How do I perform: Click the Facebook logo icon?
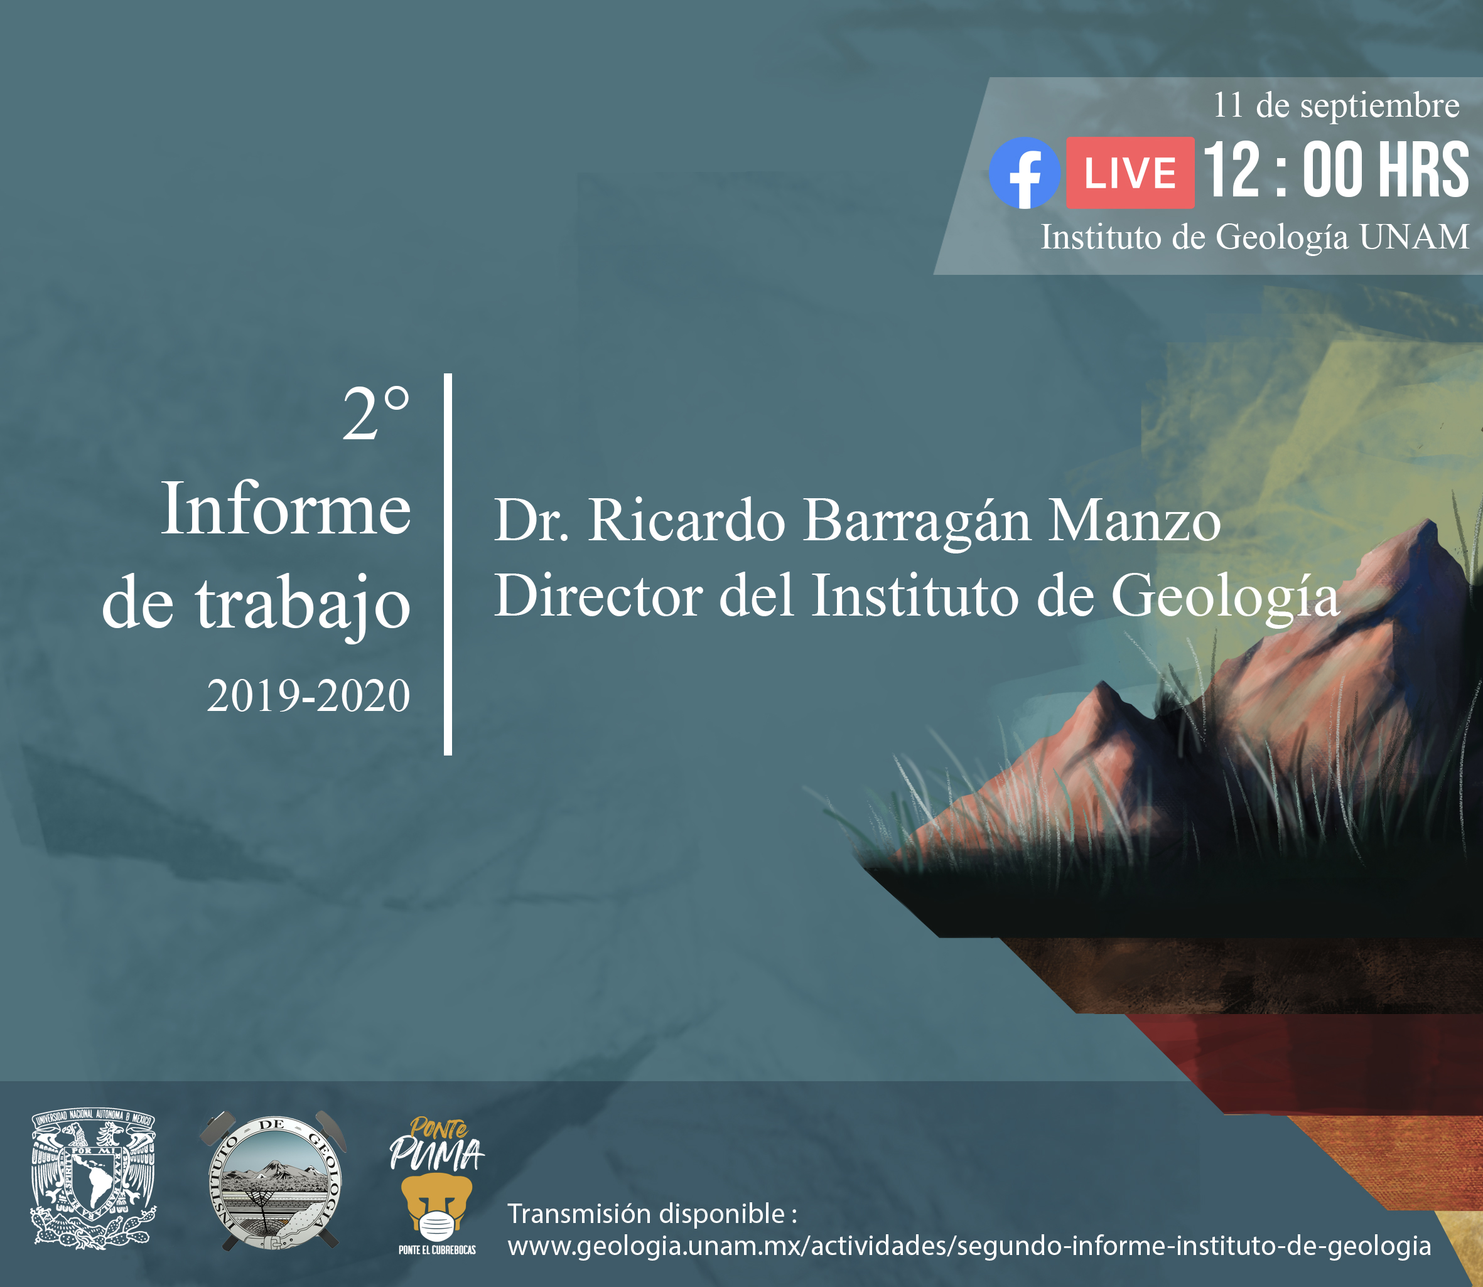pos(1024,173)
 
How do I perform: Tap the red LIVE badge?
pos(1130,173)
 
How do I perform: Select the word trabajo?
pos(303,606)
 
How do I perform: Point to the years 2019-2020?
pos(309,696)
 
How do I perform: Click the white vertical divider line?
pos(448,565)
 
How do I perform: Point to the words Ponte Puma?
pos(436,1143)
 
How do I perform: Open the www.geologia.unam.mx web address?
pos(969,1246)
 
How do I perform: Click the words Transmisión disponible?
pos(647,1214)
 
